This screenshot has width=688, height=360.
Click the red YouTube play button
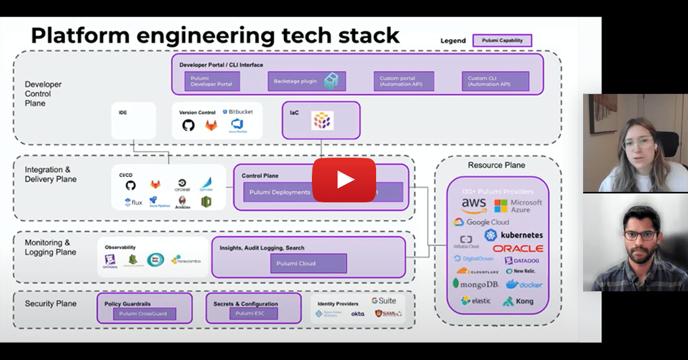[x=344, y=180]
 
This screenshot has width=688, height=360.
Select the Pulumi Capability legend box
[x=502, y=41]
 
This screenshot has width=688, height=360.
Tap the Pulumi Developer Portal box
[x=212, y=81]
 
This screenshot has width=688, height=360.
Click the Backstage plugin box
[x=307, y=81]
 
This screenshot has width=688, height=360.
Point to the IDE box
[x=134, y=120]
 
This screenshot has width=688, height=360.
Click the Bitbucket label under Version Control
[x=240, y=112]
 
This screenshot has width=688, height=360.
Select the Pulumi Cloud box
[x=308, y=264]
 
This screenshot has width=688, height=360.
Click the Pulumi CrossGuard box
[x=144, y=314]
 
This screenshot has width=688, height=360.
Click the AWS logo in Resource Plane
[x=474, y=205]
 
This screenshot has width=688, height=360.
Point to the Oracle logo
[x=518, y=249]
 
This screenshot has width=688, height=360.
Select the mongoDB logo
[x=476, y=284]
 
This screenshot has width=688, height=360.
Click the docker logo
[x=523, y=284]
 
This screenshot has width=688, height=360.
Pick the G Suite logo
[x=384, y=300]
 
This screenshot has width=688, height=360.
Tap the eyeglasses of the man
[x=639, y=236]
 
